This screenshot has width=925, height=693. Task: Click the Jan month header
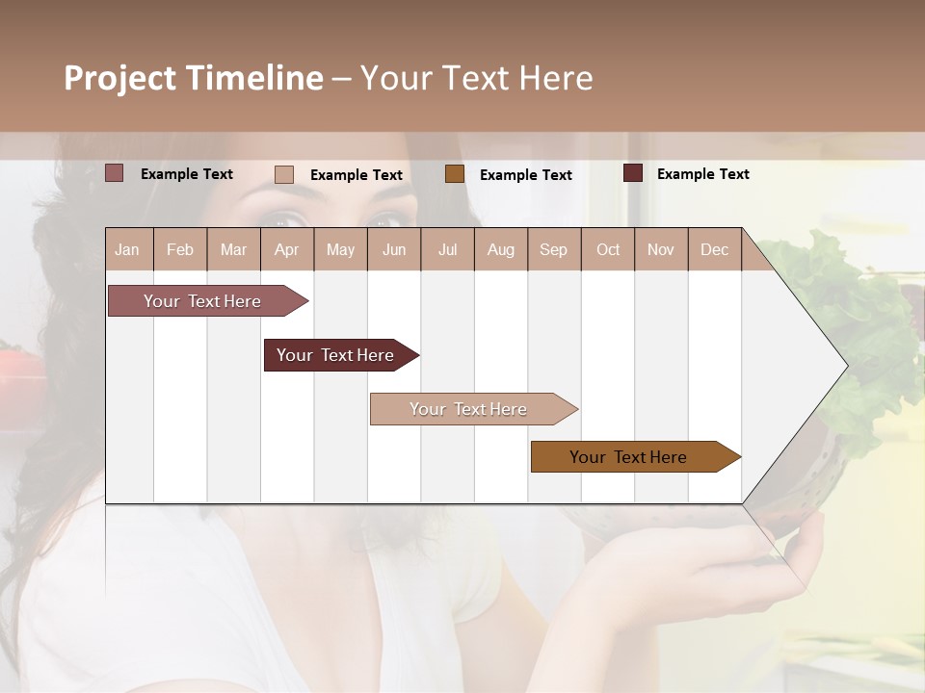127,249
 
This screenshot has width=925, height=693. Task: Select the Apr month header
286,249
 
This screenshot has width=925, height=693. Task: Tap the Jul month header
447,249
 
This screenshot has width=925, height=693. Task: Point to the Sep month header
553,249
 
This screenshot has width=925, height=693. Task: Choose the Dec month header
714,249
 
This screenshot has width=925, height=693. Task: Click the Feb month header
180,249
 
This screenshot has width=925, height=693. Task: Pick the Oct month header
608,249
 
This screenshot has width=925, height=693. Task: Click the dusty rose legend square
115,173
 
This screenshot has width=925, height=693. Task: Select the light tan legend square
284,174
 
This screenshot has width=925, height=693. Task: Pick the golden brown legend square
455,174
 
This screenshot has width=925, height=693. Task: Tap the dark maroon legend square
633,173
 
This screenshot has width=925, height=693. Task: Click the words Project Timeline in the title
194,78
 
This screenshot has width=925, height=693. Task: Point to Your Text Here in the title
477,78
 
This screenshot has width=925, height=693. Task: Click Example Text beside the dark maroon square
702,174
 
